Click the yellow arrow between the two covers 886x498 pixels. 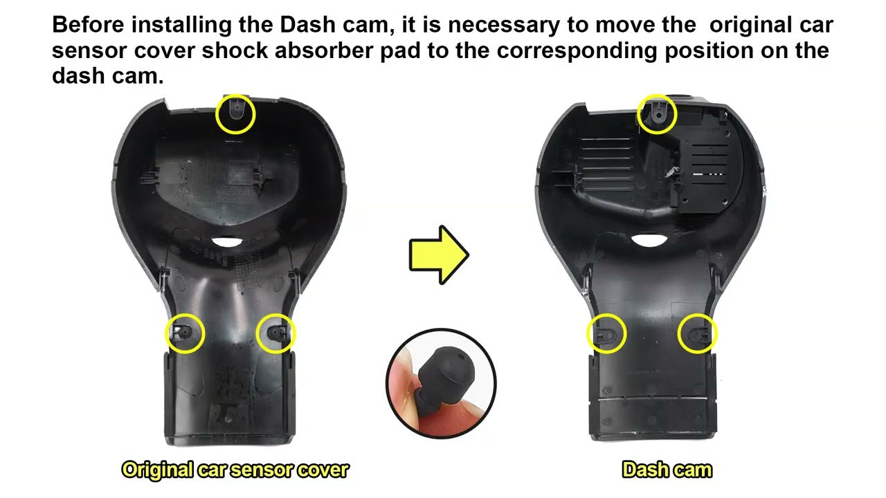coord(439,255)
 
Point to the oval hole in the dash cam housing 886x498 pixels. coord(649,240)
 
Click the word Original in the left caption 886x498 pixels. coord(157,470)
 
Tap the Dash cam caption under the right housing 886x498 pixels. coord(667,470)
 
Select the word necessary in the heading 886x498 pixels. coord(504,26)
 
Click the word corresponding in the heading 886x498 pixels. coord(577,51)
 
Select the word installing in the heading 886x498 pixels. coord(181,26)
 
